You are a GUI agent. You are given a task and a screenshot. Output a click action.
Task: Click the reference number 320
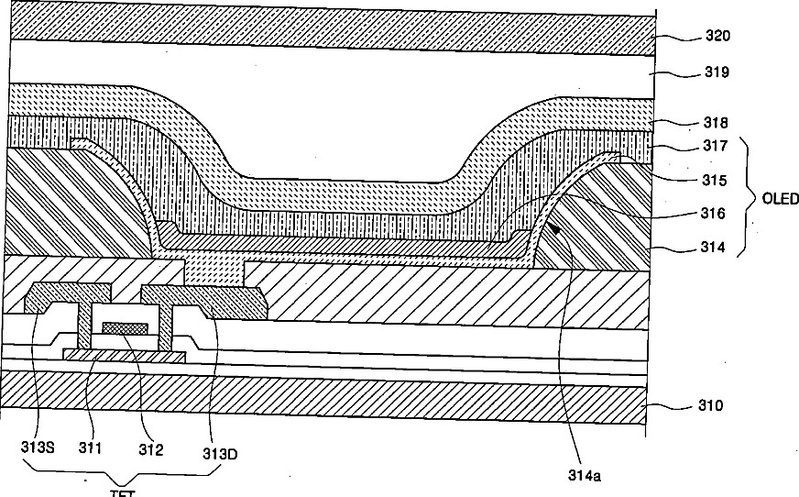pos(717,37)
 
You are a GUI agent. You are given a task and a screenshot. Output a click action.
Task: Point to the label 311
pos(91,449)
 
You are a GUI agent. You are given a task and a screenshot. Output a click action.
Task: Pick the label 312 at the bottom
pos(150,449)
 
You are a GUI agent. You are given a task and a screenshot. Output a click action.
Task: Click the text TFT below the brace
pos(123,491)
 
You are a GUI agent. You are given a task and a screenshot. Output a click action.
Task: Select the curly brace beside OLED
pos(750,196)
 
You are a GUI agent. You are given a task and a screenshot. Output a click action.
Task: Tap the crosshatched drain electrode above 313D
pos(206,299)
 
